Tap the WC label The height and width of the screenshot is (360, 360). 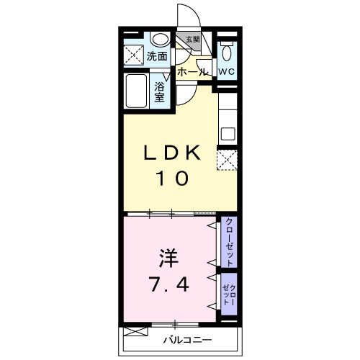228,71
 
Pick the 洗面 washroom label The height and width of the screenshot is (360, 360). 157,55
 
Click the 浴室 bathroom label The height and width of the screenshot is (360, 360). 161,93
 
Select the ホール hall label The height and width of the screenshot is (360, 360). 192,72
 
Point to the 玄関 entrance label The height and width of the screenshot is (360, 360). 192,40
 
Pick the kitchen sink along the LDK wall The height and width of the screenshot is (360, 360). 228,133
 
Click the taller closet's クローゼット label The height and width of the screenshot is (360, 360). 229,242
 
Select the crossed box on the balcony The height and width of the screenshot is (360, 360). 133,331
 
